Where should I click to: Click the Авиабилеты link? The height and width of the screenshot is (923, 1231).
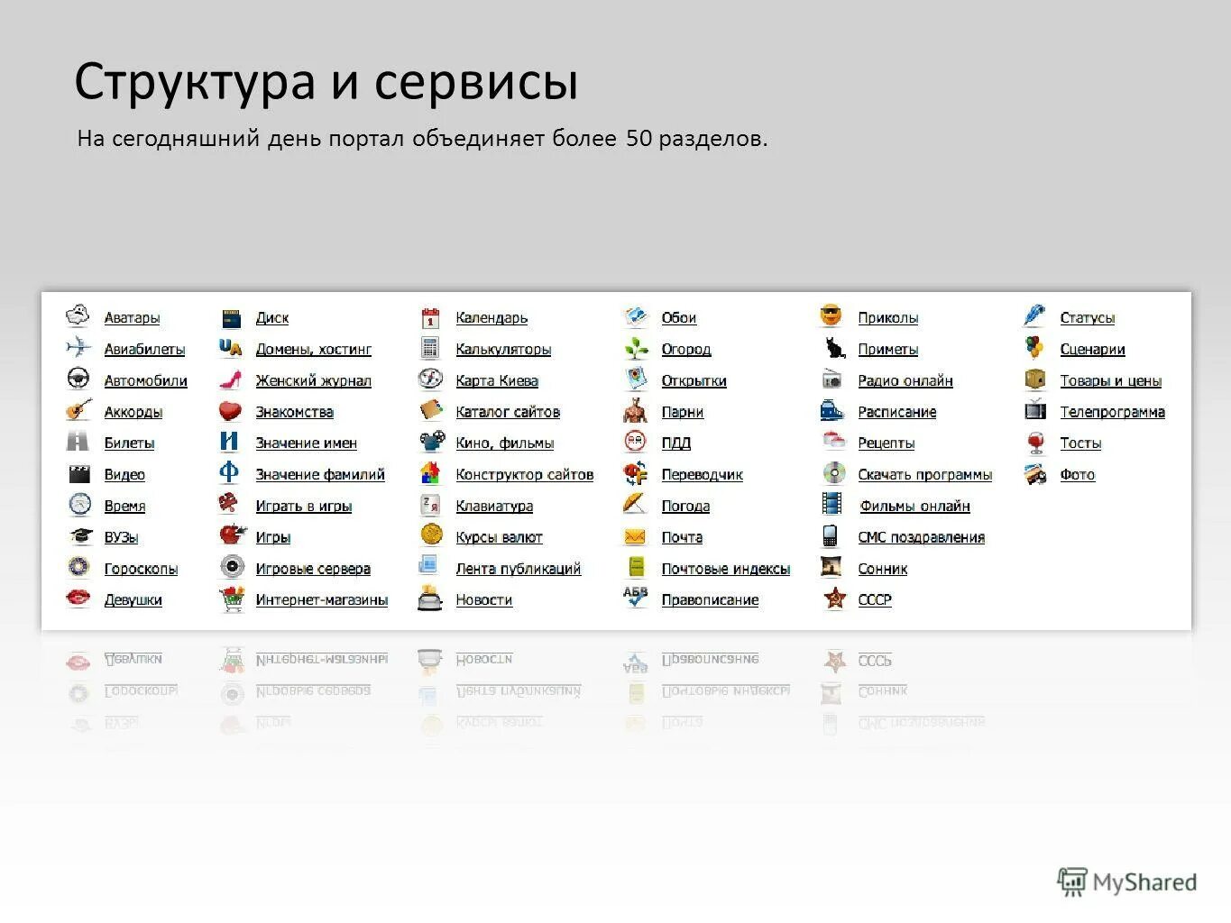144,350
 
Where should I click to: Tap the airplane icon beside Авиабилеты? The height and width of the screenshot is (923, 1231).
78,347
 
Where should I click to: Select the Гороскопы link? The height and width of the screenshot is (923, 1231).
141,569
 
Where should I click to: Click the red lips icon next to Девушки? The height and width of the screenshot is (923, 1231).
78,598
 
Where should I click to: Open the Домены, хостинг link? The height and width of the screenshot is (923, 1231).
313,350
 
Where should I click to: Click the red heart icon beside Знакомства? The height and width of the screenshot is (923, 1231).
231,411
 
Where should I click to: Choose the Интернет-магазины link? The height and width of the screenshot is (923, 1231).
321,600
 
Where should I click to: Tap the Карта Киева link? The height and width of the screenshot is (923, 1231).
497,381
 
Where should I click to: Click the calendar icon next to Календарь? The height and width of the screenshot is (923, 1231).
430,317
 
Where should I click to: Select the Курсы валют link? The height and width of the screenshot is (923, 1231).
499,538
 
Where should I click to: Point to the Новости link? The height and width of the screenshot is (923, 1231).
483,600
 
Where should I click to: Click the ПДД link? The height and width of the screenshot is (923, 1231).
675,443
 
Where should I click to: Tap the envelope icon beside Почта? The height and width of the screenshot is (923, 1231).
635,537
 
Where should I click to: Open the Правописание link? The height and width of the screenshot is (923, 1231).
710,600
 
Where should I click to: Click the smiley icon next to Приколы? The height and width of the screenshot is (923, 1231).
831,316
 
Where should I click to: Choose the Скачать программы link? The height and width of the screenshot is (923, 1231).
924,475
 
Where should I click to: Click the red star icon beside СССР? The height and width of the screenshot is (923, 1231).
834,599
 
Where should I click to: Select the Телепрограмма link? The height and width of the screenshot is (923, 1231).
1112,412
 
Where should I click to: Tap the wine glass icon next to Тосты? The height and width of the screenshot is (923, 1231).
1036,443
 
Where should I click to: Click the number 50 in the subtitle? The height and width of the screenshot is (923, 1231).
638,139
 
